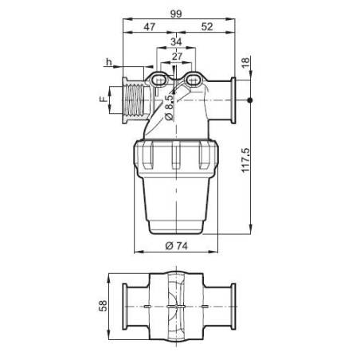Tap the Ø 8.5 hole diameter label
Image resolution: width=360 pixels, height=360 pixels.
(170, 107)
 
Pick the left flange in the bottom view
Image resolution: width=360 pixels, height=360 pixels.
(125, 306)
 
